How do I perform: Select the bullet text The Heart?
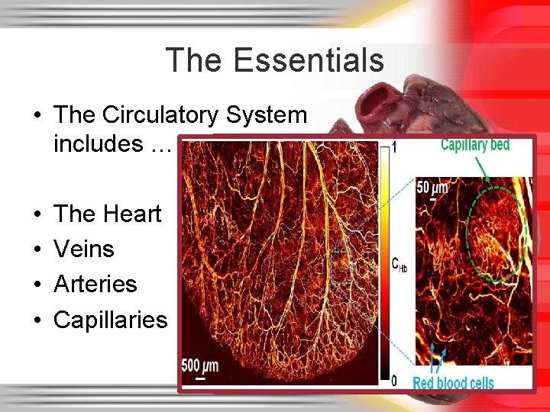coord(107,214)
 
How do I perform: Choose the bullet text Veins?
coord(84,249)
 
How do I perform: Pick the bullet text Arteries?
coord(95,284)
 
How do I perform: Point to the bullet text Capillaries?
coord(110,319)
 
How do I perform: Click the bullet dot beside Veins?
coord(37,249)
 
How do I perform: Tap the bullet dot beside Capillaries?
coord(37,320)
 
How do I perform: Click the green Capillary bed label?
coord(475,145)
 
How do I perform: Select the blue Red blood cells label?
coord(453,382)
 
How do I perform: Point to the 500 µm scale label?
coord(199,365)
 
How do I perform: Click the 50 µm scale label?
coord(432,187)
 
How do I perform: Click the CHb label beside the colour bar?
coord(398,264)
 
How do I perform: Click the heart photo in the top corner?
coord(428,103)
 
